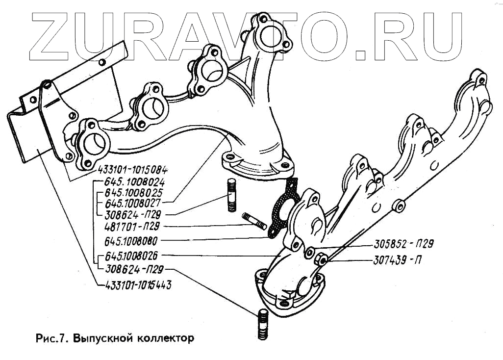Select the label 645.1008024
coord(131,182)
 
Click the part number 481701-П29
coord(133,227)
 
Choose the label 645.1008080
coord(131,241)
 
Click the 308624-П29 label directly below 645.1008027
coord(133,214)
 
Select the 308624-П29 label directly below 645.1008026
coord(133,269)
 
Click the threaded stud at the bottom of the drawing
coord(262,324)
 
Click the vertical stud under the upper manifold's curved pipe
coord(231,196)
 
